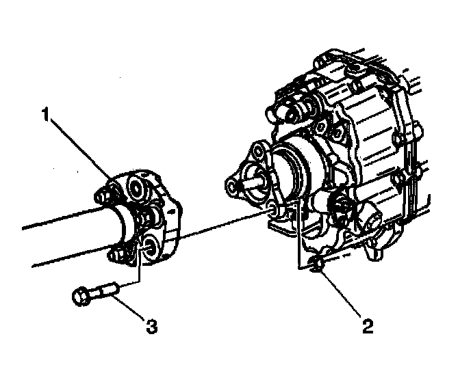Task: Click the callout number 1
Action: [45, 115]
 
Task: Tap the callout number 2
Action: [368, 326]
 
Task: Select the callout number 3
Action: [152, 327]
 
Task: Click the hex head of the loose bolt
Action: [81, 296]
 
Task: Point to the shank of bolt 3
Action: [106, 289]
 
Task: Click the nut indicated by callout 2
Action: [316, 264]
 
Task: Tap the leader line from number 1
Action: [81, 150]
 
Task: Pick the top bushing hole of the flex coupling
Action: [137, 188]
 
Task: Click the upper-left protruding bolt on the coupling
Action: [103, 196]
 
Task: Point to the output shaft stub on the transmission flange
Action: [254, 182]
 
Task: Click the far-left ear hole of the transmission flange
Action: [232, 187]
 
